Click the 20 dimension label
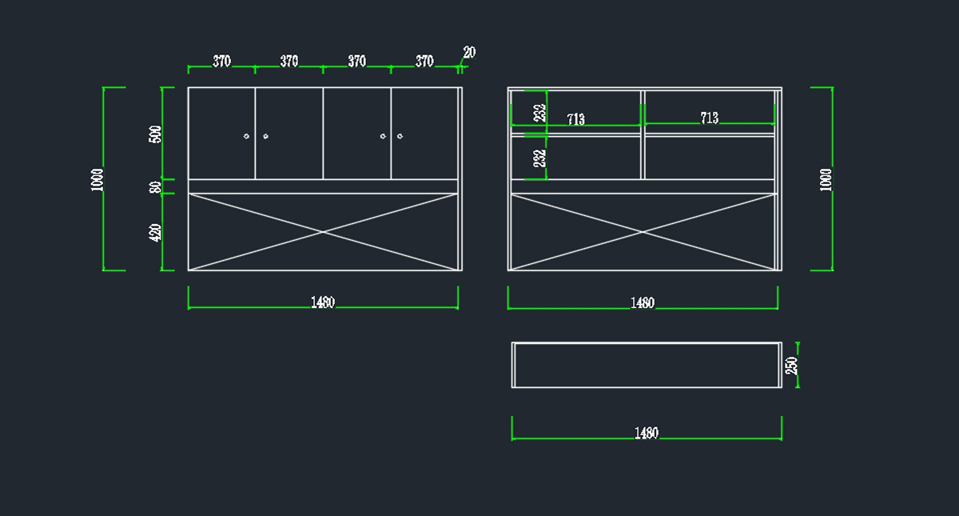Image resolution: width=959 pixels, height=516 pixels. (469, 52)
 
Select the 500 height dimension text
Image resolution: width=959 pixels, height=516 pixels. (155, 134)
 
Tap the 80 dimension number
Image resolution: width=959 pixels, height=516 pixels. (155, 187)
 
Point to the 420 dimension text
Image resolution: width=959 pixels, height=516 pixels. (155, 233)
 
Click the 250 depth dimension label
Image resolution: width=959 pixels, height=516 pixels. (792, 366)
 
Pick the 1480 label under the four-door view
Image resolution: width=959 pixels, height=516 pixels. (323, 302)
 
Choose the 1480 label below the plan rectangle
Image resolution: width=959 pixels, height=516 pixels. (647, 434)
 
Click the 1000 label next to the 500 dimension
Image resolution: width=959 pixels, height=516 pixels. (97, 180)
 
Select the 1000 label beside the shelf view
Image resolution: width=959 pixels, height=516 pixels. (826, 180)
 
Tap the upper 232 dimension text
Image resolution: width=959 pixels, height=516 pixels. (540, 113)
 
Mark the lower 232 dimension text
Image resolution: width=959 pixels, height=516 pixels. (540, 158)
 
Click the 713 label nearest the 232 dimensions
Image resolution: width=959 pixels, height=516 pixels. (576, 119)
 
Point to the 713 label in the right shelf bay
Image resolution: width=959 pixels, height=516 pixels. (710, 118)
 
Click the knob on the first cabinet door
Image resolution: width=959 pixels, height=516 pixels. (246, 136)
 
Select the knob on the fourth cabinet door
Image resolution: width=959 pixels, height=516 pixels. (400, 136)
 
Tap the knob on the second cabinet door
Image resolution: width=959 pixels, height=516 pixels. (265, 136)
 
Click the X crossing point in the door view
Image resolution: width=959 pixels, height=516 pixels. (323, 232)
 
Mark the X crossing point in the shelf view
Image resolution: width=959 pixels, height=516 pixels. (643, 232)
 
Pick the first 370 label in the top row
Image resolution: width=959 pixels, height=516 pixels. (222, 62)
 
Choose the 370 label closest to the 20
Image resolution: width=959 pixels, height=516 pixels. (424, 62)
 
